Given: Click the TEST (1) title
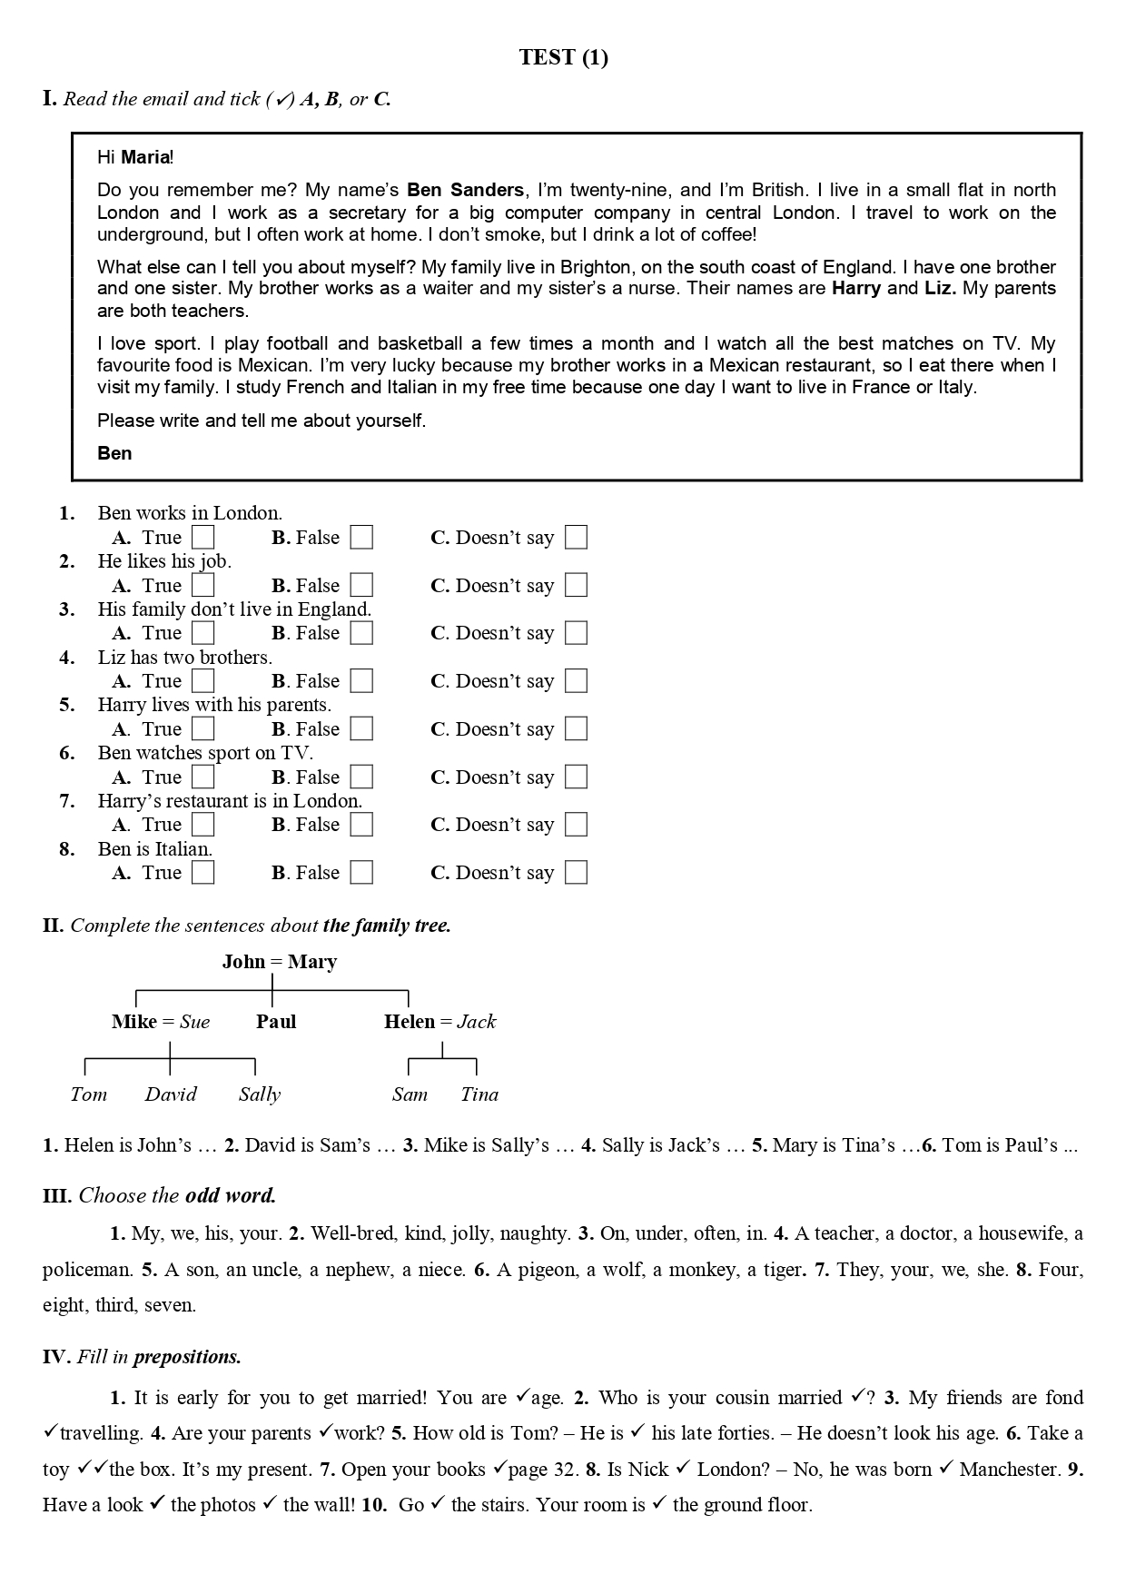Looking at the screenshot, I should coord(563,57).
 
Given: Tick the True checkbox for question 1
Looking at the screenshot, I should coord(203,538).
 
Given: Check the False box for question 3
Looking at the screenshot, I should coord(361,633).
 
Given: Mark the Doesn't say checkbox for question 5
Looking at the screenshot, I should coord(576,729).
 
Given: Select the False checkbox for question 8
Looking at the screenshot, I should coord(361,873).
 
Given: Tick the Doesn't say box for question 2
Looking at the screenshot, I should coord(576,586).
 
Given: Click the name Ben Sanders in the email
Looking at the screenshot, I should coord(465,190).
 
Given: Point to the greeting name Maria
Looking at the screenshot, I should coord(145,157).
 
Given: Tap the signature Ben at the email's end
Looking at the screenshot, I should coord(114,453).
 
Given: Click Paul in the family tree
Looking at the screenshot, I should coord(276,1022).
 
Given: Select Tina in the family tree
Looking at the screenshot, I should coord(479,1094).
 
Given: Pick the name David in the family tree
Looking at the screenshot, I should coord(171,1094).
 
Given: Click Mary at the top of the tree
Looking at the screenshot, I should coord(311,962).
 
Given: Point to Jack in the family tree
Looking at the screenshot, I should coord(476,1022).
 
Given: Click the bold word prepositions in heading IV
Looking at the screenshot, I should coord(187,1357).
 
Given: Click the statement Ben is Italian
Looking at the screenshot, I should coord(154,849).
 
